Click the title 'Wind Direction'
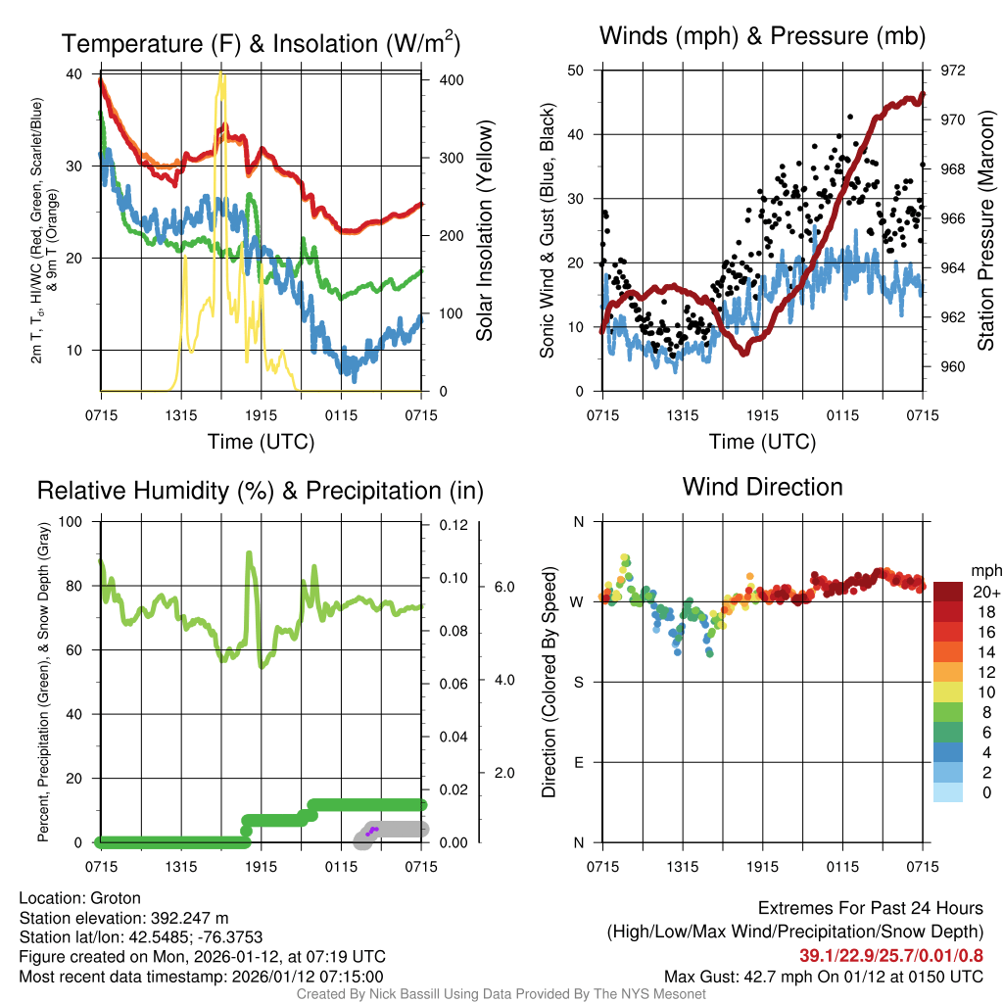pos(762,487)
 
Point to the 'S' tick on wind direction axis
pos(578,682)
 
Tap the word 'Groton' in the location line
pos(116,898)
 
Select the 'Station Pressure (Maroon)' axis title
pos(986,232)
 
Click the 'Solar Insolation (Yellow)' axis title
pos(484,231)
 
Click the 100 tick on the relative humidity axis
pos(70,521)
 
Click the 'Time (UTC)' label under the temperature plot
pos(261,442)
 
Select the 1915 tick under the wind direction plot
pos(761,867)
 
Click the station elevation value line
pos(123,918)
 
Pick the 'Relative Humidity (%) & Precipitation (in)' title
pos(260,490)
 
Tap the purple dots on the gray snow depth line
pos(372,831)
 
